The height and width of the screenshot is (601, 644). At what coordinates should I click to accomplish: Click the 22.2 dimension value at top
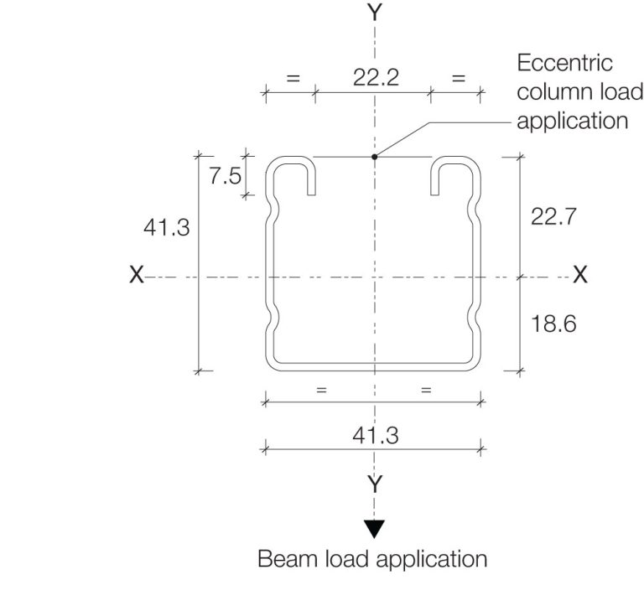click(375, 78)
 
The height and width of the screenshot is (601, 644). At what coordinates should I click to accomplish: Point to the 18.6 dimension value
click(553, 324)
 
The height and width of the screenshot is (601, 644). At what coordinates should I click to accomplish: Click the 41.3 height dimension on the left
click(166, 228)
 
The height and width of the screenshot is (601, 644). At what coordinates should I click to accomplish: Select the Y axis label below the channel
click(375, 484)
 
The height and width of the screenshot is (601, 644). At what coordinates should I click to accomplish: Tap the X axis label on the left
click(137, 275)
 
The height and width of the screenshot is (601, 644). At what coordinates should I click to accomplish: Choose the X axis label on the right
click(579, 275)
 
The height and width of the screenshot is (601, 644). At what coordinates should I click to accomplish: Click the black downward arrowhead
click(375, 529)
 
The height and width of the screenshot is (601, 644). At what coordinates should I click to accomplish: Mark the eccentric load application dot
click(375, 156)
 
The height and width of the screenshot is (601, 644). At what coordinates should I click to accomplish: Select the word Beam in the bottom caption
click(283, 559)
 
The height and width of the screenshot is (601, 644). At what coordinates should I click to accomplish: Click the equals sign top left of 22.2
click(293, 78)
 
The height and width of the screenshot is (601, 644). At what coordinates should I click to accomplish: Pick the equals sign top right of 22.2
click(457, 78)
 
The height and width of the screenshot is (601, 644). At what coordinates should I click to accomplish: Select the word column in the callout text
click(548, 91)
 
